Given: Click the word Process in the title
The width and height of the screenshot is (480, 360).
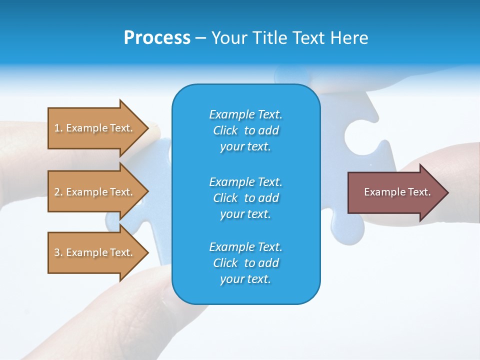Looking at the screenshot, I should [x=157, y=37].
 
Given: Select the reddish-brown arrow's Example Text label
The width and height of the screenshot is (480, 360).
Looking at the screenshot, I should [x=397, y=192].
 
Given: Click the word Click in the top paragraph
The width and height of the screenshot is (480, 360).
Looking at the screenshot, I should [x=225, y=130].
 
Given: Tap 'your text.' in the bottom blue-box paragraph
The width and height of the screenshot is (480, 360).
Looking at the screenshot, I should [x=245, y=279].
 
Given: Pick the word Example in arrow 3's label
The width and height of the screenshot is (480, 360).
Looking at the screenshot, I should [x=87, y=252].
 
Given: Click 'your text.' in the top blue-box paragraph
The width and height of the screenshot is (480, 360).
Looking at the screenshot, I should [x=245, y=146].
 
